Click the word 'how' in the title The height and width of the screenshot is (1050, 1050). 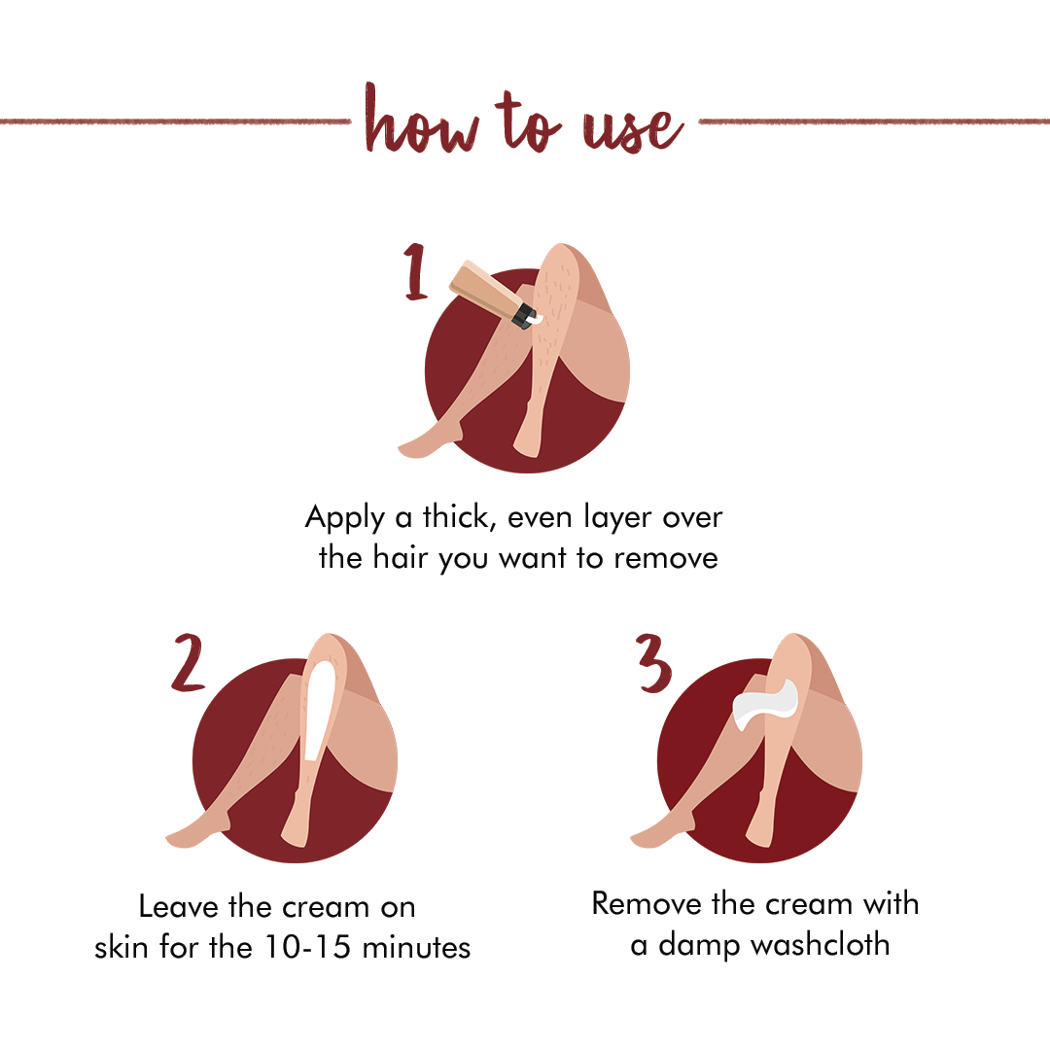(422, 120)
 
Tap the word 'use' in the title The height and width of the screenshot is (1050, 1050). (633, 130)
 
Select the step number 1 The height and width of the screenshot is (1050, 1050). (416, 271)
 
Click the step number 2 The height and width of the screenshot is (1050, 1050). (189, 662)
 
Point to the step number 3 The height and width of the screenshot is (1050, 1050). (653, 663)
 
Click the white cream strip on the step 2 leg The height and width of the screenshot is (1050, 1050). (317, 711)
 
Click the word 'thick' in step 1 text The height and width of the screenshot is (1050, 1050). (458, 517)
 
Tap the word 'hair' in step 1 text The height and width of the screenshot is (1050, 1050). (400, 557)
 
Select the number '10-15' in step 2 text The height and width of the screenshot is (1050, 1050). (307, 947)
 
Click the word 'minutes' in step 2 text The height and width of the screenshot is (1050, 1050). (416, 948)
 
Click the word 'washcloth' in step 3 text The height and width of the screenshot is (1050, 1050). (821, 945)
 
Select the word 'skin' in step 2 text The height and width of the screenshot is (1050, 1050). (122, 947)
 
